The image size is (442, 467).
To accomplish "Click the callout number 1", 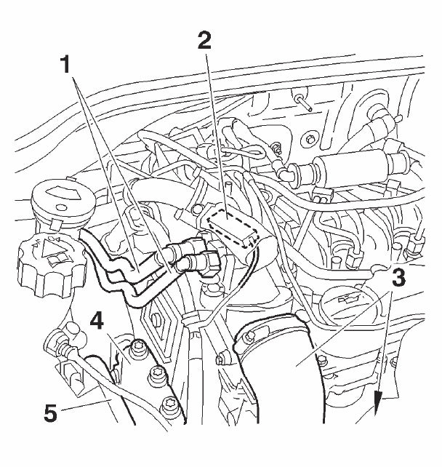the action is [65, 65].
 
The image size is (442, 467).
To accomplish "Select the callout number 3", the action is [398, 277].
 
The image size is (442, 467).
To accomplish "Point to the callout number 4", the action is [97, 322].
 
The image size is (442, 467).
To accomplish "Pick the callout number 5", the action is [50, 413].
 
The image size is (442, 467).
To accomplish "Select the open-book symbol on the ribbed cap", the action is [58, 259].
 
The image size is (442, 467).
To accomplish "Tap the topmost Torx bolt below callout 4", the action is [138, 347].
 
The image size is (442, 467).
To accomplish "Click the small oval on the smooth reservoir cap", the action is [61, 207].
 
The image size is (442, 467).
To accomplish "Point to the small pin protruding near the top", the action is [305, 103].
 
